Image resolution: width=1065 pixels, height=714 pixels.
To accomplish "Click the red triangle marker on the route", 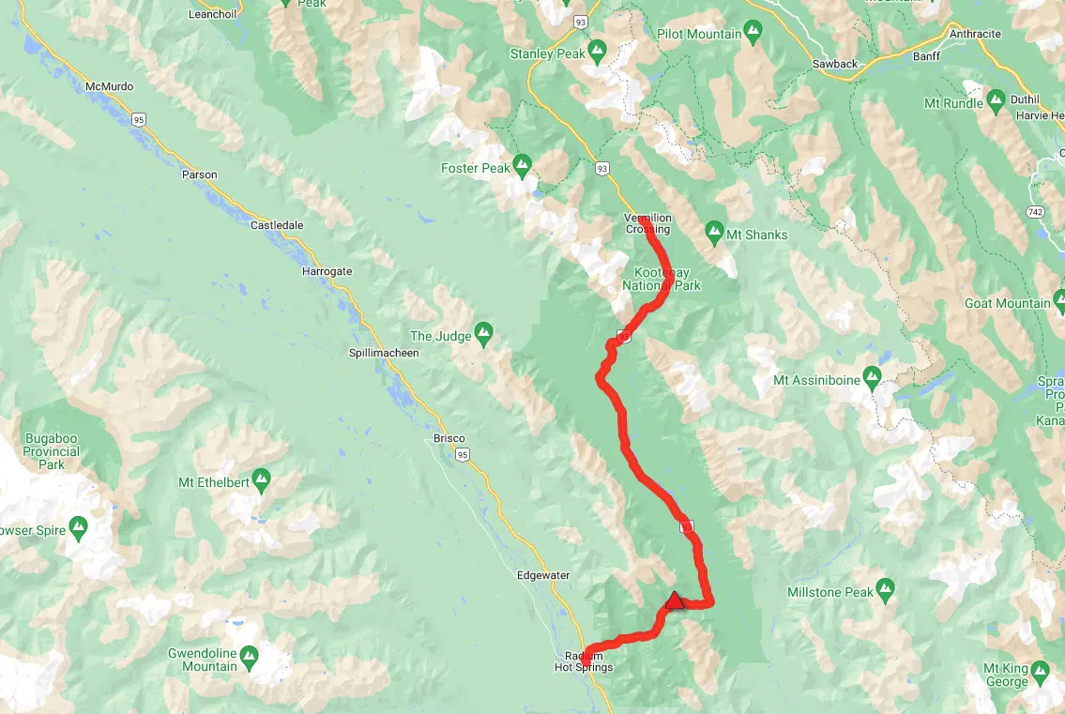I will [x=673, y=600].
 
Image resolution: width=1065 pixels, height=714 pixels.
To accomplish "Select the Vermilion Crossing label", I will [x=648, y=223].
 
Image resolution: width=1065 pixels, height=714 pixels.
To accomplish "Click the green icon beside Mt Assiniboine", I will [x=872, y=380].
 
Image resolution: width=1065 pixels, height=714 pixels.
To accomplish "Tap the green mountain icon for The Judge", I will [x=483, y=332].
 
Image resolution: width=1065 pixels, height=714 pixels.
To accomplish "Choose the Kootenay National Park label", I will [x=662, y=279].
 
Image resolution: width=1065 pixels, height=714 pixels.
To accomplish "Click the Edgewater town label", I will [x=543, y=575].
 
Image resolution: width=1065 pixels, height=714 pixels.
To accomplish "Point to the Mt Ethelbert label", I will [x=212, y=483].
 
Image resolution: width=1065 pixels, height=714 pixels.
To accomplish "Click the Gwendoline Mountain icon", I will [x=250, y=655].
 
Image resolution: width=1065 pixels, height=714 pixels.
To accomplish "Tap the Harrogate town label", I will [x=327, y=271].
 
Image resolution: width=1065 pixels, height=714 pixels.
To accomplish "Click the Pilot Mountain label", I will [x=699, y=35].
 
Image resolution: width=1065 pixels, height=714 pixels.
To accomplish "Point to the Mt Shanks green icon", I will [x=714, y=231].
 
